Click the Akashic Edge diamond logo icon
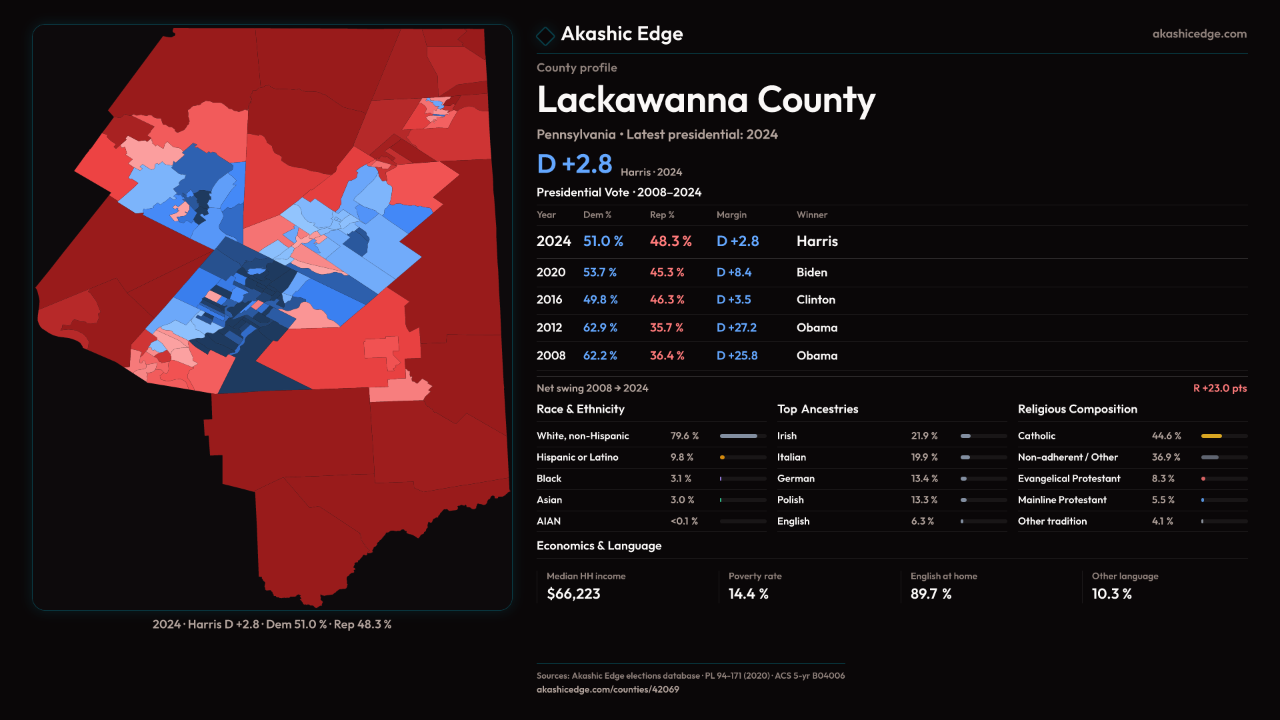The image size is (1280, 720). pyautogui.click(x=545, y=36)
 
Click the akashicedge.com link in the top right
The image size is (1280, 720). pyautogui.click(x=1199, y=33)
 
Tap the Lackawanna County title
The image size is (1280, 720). pyautogui.click(x=705, y=100)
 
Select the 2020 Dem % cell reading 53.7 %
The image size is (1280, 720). pyautogui.click(x=599, y=272)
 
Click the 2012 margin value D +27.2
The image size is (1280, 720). pyautogui.click(x=736, y=327)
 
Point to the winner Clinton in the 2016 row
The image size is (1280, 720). pyautogui.click(x=815, y=299)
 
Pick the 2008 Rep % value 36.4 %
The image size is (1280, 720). pyautogui.click(x=667, y=355)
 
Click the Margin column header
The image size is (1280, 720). pyautogui.click(x=731, y=215)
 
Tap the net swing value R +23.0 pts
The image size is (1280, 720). pyautogui.click(x=1219, y=388)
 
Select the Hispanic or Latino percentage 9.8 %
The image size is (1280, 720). pyautogui.click(x=681, y=457)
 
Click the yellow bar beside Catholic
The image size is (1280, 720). pyautogui.click(x=1211, y=436)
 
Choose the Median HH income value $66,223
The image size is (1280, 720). pyautogui.click(x=573, y=593)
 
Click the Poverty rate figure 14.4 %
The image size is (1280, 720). pyautogui.click(x=748, y=593)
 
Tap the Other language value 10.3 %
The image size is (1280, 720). pyautogui.click(x=1111, y=593)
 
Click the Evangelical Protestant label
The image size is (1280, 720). pyautogui.click(x=1069, y=478)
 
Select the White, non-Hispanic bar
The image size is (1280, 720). pyautogui.click(x=739, y=436)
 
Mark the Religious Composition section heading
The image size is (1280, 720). pyautogui.click(x=1077, y=409)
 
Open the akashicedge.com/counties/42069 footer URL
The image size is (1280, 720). pyautogui.click(x=607, y=689)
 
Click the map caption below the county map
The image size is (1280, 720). pyautogui.click(x=272, y=624)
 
